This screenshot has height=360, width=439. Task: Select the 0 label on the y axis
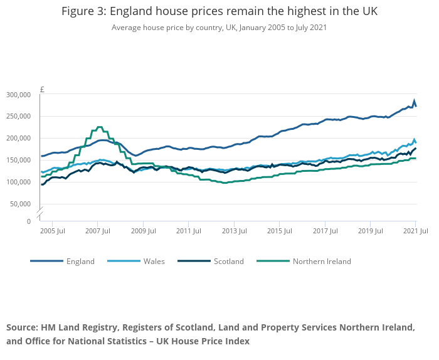pyautogui.click(x=29, y=221)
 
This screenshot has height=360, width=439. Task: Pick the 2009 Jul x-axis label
pyautogui.click(x=143, y=231)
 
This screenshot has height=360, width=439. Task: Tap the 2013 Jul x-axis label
pyautogui.click(x=234, y=231)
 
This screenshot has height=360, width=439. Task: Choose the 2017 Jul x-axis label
pyautogui.click(x=325, y=231)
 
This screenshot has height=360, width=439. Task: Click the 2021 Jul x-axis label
pyautogui.click(x=415, y=231)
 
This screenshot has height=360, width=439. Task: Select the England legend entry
pyautogui.click(x=80, y=262)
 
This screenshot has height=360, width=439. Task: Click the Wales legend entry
pyautogui.click(x=154, y=262)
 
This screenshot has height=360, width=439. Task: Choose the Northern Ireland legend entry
pyautogui.click(x=322, y=262)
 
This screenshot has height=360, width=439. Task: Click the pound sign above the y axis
pyautogui.click(x=42, y=90)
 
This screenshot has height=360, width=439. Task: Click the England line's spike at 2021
pyautogui.click(x=414, y=100)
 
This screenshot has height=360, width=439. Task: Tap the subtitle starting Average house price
pyautogui.click(x=219, y=28)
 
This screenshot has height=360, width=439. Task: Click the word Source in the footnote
pyautogui.click(x=21, y=328)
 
